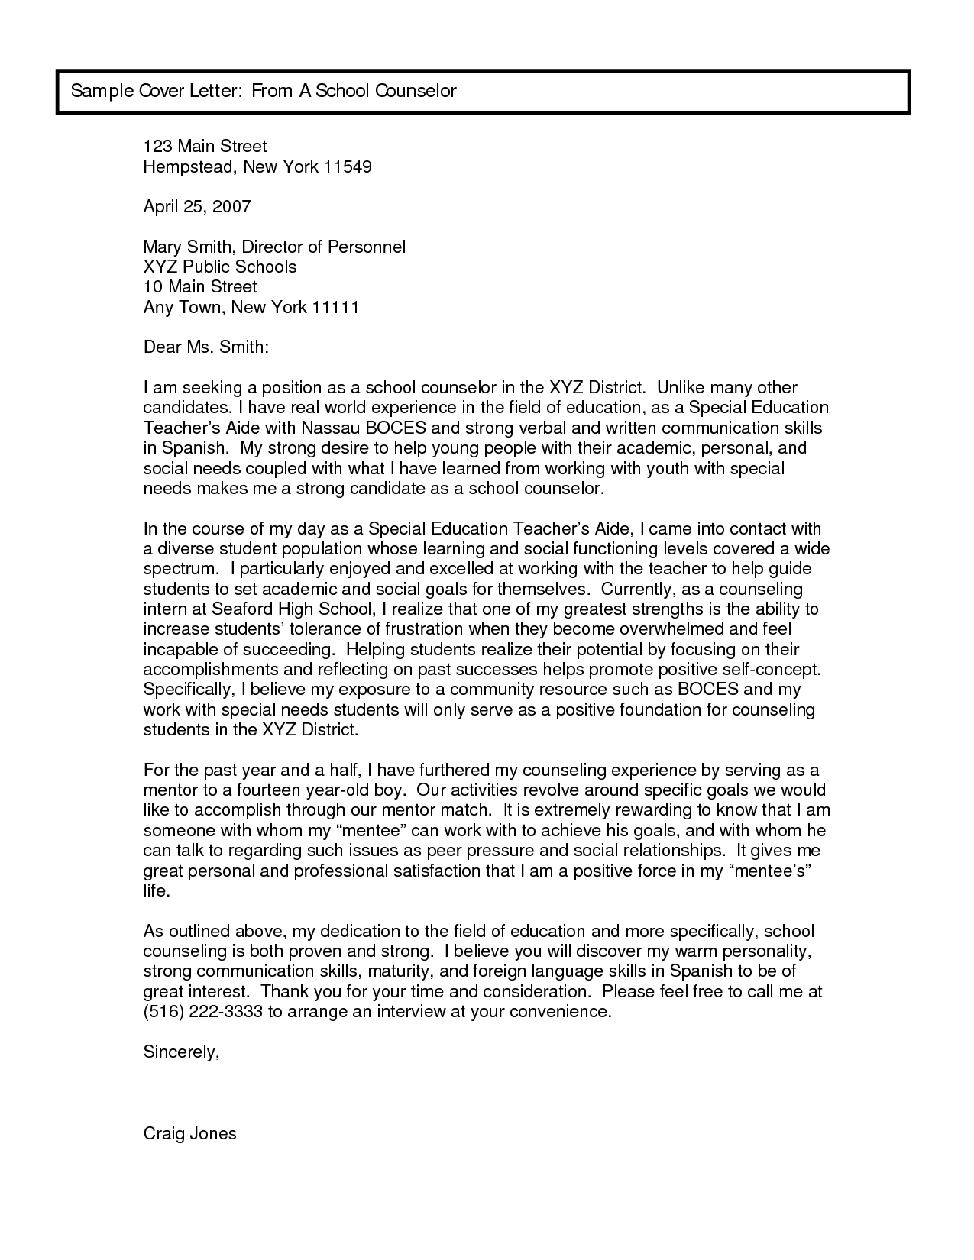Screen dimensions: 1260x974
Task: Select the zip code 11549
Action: (x=348, y=166)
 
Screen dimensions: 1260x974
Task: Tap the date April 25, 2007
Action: (x=197, y=206)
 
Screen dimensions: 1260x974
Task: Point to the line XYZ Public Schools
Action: (x=220, y=267)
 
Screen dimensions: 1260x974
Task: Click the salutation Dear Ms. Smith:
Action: (x=206, y=347)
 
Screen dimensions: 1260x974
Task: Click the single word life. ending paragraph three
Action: (x=156, y=891)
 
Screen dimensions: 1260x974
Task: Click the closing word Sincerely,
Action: (x=181, y=1052)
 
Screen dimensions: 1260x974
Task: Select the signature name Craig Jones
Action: (x=190, y=1133)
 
